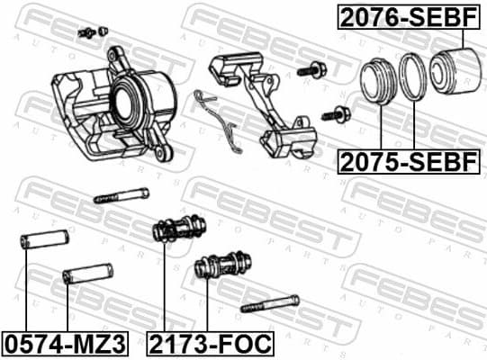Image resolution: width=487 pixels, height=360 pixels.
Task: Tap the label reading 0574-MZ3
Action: (x=64, y=343)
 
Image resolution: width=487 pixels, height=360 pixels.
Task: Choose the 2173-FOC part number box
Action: (x=211, y=343)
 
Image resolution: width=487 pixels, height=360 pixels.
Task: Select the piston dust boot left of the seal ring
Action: (x=378, y=83)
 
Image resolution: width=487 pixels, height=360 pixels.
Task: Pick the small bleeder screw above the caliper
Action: (x=88, y=33)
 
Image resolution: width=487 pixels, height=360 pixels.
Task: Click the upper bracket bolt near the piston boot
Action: (x=316, y=69)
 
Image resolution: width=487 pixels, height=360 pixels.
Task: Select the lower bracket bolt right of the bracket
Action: (x=338, y=113)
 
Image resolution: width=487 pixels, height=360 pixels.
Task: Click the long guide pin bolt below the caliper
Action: (x=121, y=193)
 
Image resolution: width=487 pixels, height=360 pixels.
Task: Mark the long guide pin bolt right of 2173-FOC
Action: (x=269, y=304)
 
